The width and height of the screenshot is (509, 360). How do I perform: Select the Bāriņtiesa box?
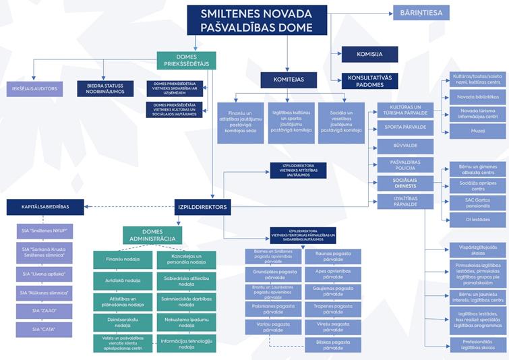421,13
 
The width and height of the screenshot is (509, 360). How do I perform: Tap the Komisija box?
369,55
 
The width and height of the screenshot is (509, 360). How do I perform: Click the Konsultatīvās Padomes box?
369,80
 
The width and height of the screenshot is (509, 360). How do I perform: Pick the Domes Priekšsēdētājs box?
186,61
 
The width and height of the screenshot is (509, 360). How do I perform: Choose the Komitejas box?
289,80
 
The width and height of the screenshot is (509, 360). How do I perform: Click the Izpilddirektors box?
202,207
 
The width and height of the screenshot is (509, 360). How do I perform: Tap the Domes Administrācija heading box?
152,235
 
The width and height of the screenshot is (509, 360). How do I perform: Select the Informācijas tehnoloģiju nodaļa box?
186,343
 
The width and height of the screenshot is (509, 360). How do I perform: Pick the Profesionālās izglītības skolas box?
477,345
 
